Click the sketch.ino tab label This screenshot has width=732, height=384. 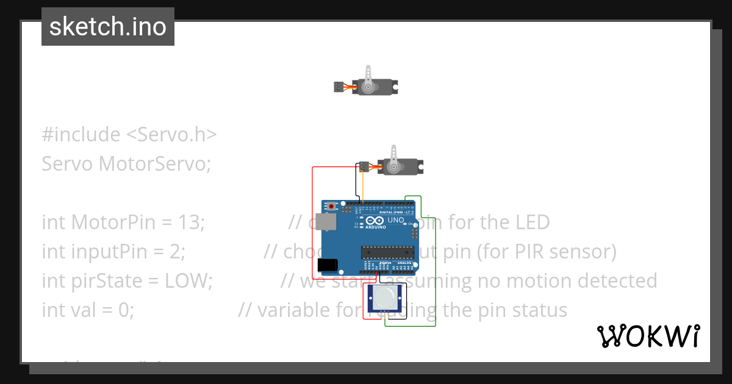(x=108, y=27)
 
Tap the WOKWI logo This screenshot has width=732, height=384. (x=648, y=336)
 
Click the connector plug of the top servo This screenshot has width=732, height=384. (x=339, y=87)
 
